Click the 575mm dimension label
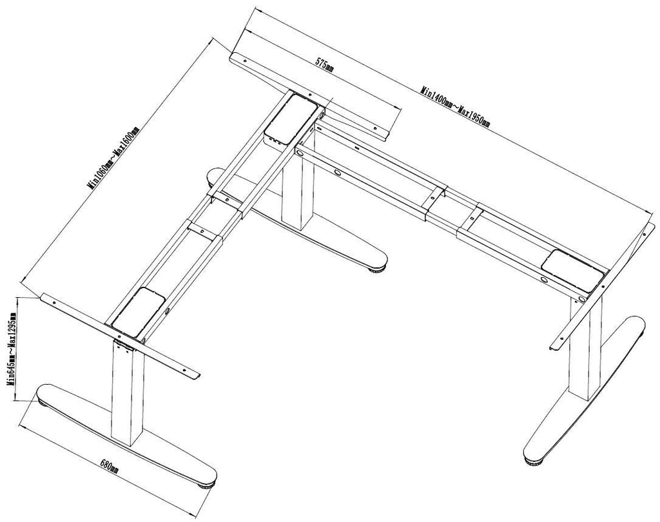[324, 65]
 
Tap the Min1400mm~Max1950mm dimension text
[455, 107]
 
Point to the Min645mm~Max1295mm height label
[12, 349]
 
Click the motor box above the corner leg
[291, 119]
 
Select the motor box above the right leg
[573, 270]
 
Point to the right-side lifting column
[586, 348]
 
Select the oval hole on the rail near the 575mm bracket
[338, 172]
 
